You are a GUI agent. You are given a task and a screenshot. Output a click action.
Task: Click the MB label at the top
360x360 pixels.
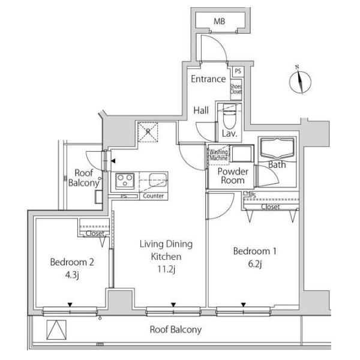219,22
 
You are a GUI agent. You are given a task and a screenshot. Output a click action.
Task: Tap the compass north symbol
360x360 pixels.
300,80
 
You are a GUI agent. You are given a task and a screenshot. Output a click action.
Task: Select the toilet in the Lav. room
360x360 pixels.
230,116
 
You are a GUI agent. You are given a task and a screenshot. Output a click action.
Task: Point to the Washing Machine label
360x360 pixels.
218,155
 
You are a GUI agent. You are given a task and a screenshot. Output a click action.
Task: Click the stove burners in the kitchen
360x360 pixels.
125,181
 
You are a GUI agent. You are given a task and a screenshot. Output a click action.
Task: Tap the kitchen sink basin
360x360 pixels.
158,180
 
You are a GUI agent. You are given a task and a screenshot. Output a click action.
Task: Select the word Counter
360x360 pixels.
154,196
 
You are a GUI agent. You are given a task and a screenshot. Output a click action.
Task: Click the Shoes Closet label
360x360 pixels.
236,89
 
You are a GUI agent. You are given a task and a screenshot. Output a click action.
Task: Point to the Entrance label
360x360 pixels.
208,79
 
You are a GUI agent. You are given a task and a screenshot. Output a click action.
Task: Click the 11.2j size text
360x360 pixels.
166,269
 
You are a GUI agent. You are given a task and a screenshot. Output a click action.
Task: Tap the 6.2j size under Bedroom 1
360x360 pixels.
255,264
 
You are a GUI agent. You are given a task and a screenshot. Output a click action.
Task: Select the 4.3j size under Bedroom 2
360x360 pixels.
72,275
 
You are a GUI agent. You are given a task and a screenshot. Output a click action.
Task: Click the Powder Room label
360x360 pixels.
233,176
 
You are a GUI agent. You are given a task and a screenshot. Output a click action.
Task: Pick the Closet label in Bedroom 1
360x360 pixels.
271,207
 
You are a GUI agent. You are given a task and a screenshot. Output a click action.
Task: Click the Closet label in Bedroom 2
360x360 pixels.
95,233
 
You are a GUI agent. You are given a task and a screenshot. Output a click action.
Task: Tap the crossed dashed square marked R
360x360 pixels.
148,132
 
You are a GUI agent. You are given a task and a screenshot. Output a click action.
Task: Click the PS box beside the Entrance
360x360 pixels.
238,71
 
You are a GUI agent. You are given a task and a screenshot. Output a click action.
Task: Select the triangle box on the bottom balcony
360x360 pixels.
56,329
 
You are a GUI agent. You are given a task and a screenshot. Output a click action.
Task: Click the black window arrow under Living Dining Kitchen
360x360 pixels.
173,305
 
